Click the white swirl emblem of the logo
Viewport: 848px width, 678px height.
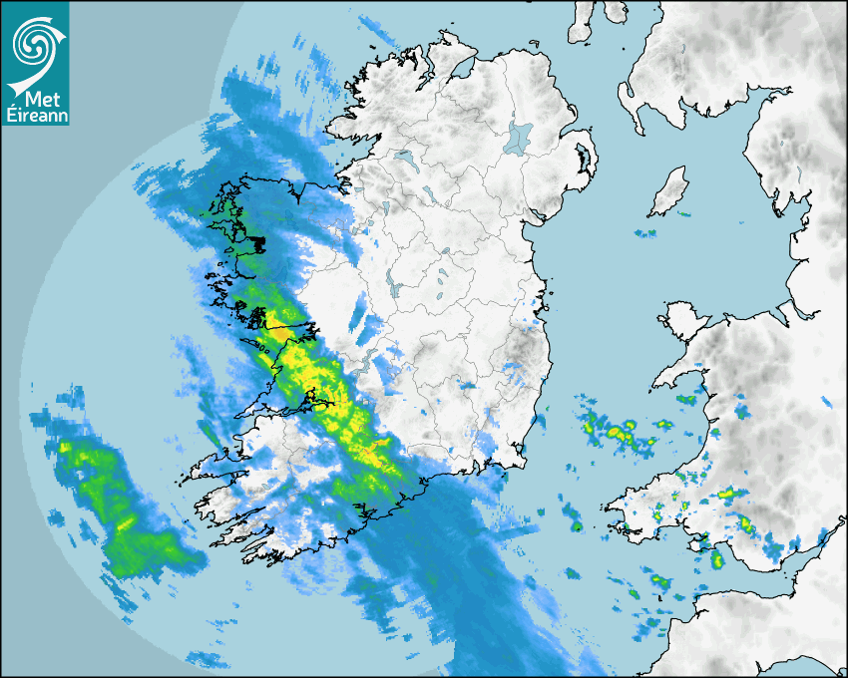(x=33, y=42)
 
